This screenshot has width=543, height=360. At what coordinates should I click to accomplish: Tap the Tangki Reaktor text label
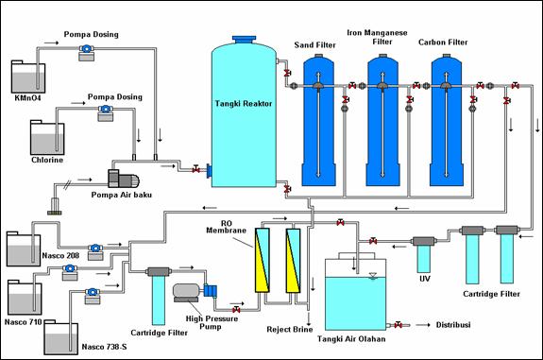coord(245,104)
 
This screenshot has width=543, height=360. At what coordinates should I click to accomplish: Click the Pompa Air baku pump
coord(124,178)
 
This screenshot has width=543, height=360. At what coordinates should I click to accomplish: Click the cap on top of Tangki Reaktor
coord(245,38)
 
